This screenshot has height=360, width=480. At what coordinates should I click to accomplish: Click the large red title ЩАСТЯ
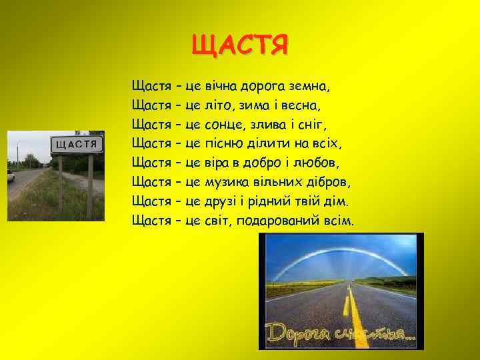[240, 45]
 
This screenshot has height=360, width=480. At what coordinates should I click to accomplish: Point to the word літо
[218, 105]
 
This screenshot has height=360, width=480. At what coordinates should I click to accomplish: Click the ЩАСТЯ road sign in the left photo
[77, 144]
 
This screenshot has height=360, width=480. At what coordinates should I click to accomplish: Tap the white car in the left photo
[11, 176]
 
